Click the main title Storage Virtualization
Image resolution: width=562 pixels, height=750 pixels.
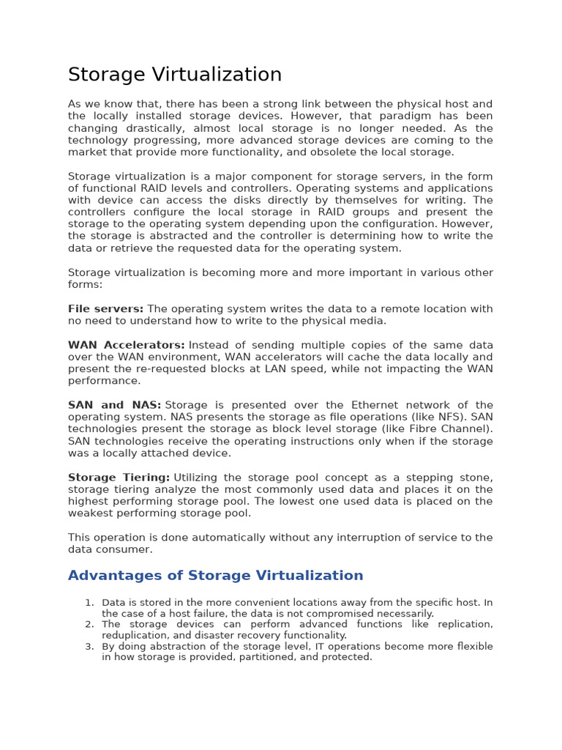coord(175,75)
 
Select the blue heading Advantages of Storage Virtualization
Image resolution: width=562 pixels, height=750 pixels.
coord(215,576)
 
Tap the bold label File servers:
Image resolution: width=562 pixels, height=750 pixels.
coord(105,309)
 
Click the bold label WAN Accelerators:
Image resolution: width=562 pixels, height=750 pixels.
coord(126,345)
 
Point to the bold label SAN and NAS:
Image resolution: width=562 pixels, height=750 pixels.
coord(114,405)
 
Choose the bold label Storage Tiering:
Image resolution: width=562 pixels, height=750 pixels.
coord(119,478)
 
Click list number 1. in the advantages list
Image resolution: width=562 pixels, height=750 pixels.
coord(89,603)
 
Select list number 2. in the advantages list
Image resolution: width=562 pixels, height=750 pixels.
coord(89,624)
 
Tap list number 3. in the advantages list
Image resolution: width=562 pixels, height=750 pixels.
coord(89,646)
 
